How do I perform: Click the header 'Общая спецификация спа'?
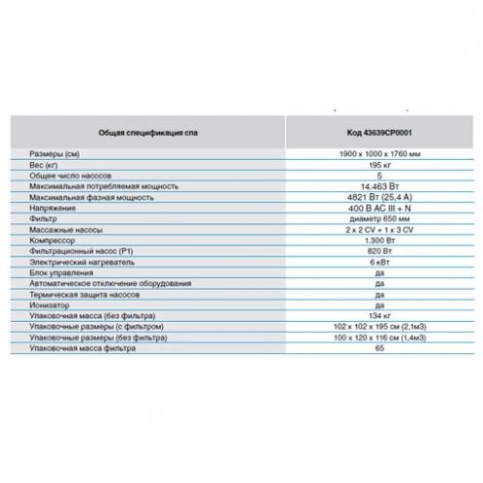click(148, 133)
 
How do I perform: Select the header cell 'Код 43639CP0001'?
click(380, 133)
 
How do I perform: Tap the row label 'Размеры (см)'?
click(55, 154)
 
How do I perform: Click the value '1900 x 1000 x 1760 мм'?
click(380, 153)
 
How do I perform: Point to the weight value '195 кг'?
click(380, 165)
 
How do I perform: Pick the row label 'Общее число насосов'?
click(70, 176)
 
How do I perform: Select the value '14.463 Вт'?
click(380, 186)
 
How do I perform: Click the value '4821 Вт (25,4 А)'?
click(380, 197)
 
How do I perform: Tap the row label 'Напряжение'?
click(53, 208)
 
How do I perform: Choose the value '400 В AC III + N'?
click(380, 208)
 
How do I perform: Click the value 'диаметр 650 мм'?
click(380, 219)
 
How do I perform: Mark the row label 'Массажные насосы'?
click(66, 230)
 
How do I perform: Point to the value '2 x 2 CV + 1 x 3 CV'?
click(380, 230)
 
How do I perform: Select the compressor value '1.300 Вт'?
click(380, 240)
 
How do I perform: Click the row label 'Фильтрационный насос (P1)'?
click(81, 251)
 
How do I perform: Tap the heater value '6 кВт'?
click(380, 262)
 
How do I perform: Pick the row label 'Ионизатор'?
click(50, 305)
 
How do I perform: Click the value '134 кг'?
click(380, 315)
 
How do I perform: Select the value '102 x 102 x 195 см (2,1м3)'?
click(380, 327)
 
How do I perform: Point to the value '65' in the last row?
click(380, 348)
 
